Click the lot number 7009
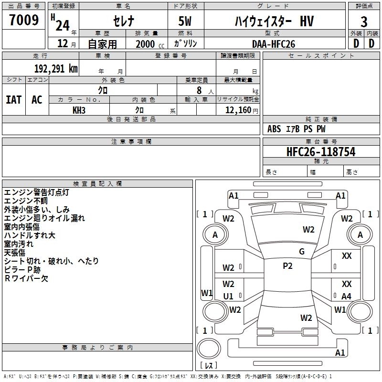pyautogui.click(x=24, y=21)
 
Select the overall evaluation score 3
pyautogui.click(x=364, y=22)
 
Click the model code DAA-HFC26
pyautogui.click(x=274, y=43)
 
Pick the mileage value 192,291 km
pyautogui.click(x=56, y=68)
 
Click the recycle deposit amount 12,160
pyautogui.click(x=237, y=110)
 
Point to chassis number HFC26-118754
pyautogui.click(x=314, y=152)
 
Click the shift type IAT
pyautogui.click(x=14, y=99)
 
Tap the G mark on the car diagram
pyautogui.click(x=302, y=251)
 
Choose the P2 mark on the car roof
pyautogui.click(x=287, y=266)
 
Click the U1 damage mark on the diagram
pyautogui.click(x=228, y=296)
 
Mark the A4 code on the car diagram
pyautogui.click(x=346, y=296)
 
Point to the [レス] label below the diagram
pyautogui.click(x=208, y=366)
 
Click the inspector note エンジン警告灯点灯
pyautogui.click(x=37, y=192)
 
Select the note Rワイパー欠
pyautogui.click(x=26, y=278)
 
